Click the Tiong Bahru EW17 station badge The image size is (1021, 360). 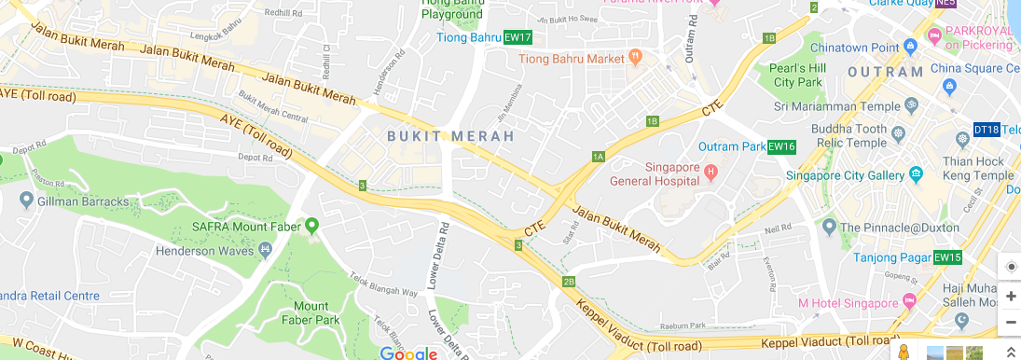pos(517,38)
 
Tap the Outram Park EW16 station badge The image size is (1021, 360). pos(781,146)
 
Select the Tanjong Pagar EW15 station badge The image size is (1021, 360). pos(947,257)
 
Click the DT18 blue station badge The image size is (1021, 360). pos(986,130)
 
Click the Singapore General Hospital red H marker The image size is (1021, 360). pos(711,172)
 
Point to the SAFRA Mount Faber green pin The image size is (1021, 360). pos(312,225)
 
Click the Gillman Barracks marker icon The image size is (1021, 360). pos(25,201)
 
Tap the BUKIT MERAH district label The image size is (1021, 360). pos(450,136)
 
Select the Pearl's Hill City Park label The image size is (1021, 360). pos(797,75)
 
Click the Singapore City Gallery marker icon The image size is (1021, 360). pos(917,174)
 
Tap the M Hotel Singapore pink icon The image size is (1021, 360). pos(908,303)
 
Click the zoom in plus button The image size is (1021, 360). pos(1011,295)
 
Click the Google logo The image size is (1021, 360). pos(408,353)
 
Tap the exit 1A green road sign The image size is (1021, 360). pos(599,156)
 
